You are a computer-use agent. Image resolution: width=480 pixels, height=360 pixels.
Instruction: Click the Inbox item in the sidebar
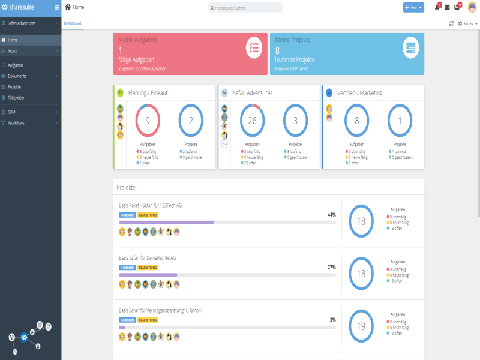point(13,51)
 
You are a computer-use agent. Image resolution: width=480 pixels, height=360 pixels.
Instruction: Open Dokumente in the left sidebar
point(17,76)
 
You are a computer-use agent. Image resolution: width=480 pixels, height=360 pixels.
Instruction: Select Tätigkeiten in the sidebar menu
point(17,98)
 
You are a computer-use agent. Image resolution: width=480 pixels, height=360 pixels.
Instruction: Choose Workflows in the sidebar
point(17,123)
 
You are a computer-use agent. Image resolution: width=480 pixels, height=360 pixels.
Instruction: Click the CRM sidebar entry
point(12,112)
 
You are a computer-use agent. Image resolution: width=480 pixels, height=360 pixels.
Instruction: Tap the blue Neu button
point(413,7)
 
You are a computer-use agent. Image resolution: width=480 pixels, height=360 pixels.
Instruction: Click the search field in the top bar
point(246,8)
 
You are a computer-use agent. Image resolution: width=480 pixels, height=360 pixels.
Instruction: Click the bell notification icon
point(437,7)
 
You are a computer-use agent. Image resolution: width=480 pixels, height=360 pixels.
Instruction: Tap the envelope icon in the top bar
point(447,7)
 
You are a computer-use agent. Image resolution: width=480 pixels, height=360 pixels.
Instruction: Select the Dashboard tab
point(73,23)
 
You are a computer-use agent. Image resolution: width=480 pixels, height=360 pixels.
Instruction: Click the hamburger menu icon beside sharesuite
point(57,7)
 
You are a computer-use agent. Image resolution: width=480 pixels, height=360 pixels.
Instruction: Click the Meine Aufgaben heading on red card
point(137,40)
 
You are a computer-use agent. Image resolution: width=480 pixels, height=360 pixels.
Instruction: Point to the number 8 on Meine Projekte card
point(277,50)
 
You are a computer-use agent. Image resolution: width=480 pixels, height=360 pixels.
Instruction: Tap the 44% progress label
point(331,214)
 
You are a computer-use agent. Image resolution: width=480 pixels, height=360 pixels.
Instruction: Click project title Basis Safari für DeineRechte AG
point(148,257)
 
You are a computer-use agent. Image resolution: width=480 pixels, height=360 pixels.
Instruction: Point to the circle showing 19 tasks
point(361,326)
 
